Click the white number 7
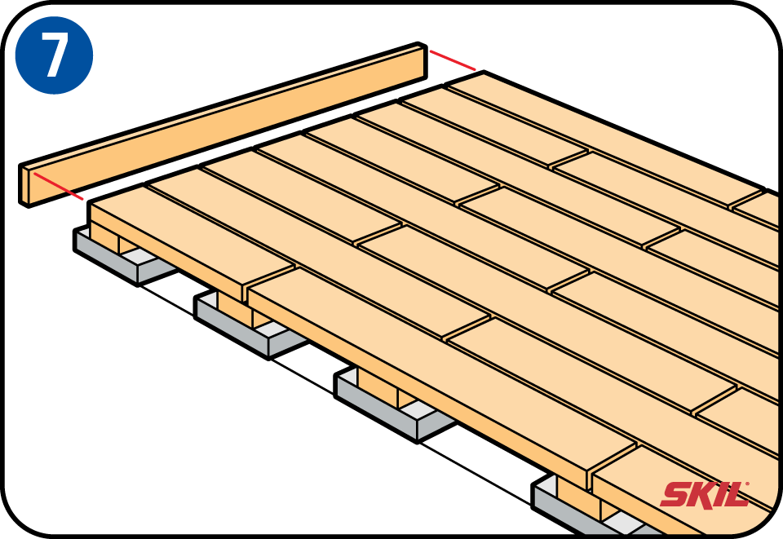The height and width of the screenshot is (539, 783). [x=55, y=55]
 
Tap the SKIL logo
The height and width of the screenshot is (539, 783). [x=705, y=495]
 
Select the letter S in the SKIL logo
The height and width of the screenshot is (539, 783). [x=675, y=495]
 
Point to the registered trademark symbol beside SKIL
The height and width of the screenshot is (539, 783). [x=747, y=484]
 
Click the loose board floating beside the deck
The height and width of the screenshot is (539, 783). [x=223, y=125]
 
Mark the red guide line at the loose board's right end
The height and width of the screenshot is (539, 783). [x=453, y=60]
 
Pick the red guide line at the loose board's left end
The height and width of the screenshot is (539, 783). [x=58, y=186]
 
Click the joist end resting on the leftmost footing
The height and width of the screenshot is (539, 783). [x=104, y=239]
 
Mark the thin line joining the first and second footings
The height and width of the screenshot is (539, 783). [x=166, y=300]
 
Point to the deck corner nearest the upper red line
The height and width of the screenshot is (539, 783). [x=484, y=72]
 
